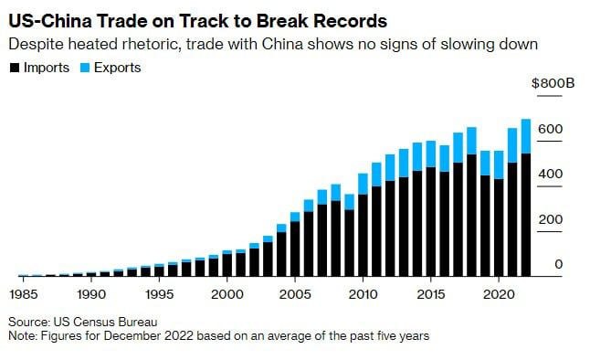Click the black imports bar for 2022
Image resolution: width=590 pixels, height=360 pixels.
coord(525,215)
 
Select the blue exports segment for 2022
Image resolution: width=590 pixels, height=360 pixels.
coord(525,136)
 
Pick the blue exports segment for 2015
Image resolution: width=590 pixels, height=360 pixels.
coord(430,155)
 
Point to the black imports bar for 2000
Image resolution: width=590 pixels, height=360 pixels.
coord(227,264)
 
